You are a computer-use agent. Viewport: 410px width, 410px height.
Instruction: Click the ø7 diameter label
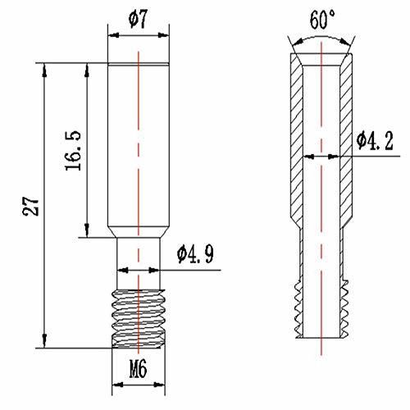[x=140, y=17]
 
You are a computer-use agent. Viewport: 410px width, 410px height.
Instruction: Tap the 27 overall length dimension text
[x=31, y=206]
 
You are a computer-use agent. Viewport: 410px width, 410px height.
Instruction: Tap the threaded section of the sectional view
[x=321, y=312]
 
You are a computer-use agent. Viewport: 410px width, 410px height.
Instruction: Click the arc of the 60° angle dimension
[x=321, y=36]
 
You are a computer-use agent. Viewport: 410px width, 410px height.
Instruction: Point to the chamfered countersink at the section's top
[x=321, y=62]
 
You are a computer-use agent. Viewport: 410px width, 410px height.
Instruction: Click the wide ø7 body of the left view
[x=139, y=148]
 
